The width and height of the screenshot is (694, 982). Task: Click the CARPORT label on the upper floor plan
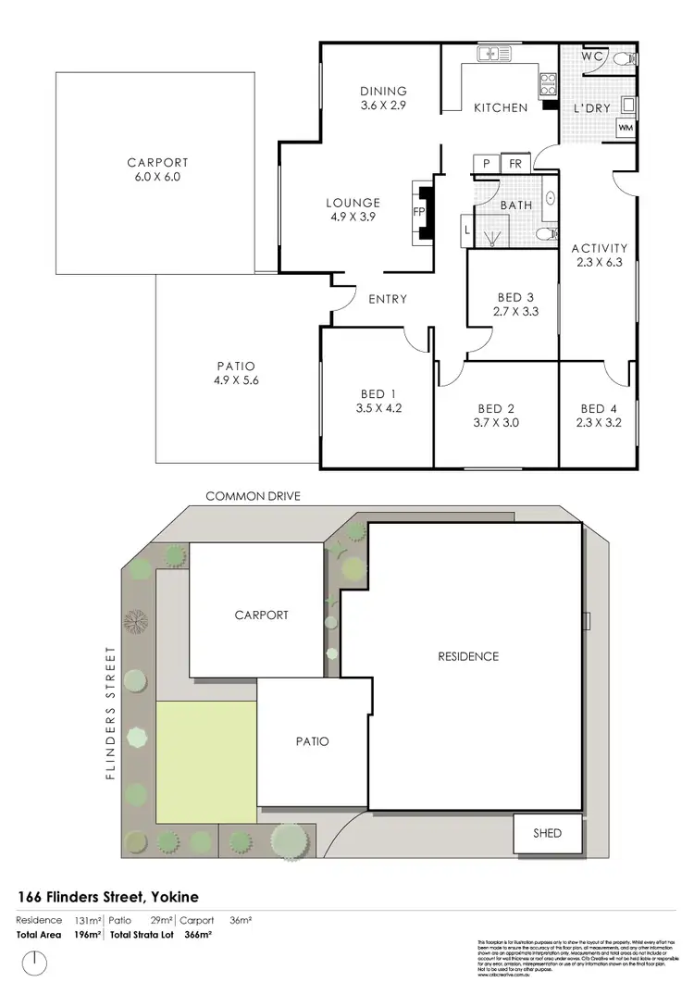tap(157, 163)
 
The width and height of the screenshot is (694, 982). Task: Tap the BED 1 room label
tap(374, 393)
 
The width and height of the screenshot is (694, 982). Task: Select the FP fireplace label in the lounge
tap(418, 211)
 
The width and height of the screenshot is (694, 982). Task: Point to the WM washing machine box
tap(626, 128)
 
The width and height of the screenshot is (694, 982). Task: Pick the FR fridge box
tap(515, 164)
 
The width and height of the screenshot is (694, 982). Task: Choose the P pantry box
tap(486, 164)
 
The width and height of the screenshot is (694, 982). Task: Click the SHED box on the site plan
tap(547, 832)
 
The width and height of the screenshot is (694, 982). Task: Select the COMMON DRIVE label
tap(253, 496)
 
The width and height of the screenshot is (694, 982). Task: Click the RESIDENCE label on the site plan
tap(468, 656)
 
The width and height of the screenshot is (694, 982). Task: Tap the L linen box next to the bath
tap(465, 227)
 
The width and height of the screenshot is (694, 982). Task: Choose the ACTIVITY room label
tap(600, 248)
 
